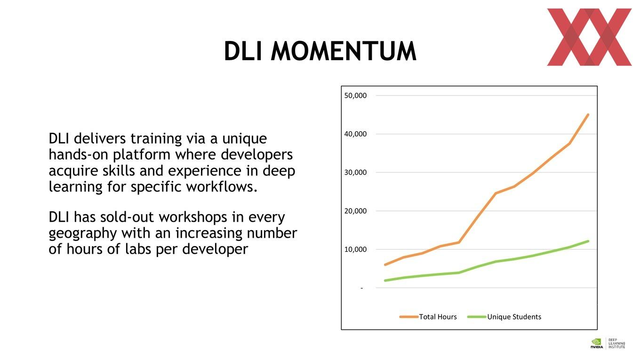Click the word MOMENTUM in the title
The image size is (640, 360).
[344, 51]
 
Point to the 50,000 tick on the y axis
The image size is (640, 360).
[355, 96]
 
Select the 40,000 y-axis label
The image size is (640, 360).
[355, 134]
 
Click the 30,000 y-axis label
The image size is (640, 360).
[355, 173]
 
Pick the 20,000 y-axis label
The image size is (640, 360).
[355, 211]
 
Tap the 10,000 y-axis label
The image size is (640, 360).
[355, 249]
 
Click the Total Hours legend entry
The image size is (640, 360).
[428, 317]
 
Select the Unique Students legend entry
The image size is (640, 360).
[504, 317]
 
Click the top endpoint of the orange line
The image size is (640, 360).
[588, 114]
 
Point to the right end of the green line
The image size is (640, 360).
[588, 241]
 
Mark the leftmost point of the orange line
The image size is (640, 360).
[385, 265]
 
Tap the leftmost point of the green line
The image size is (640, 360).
[385, 280]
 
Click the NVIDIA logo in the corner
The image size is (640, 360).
[597, 344]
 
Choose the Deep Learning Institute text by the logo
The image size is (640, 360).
[616, 344]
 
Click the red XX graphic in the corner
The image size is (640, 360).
[589, 37]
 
